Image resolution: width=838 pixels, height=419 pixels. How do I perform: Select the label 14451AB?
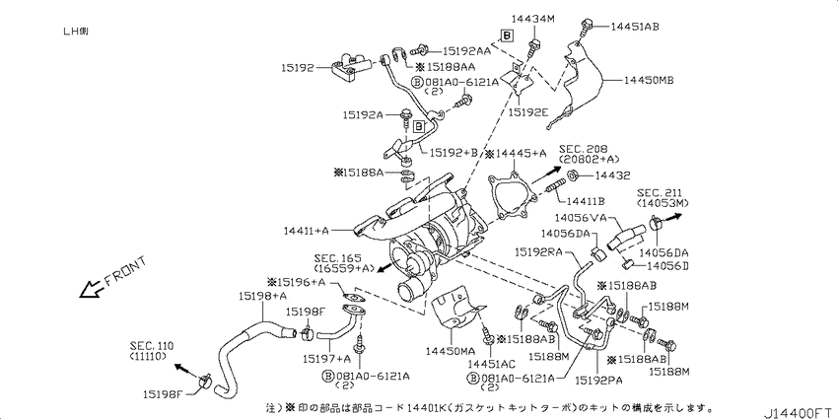point(634,27)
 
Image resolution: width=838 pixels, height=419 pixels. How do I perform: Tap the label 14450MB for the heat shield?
point(649,81)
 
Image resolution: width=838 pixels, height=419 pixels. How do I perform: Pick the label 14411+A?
point(307,231)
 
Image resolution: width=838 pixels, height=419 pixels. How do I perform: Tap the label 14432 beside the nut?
point(612,175)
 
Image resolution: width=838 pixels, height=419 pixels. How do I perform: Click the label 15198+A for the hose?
point(262,295)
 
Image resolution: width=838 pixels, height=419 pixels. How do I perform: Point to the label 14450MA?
point(451,351)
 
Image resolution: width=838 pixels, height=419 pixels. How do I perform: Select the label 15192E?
point(528,112)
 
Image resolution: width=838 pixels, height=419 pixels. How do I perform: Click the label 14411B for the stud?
point(586,201)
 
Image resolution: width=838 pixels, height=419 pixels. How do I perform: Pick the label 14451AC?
point(491,364)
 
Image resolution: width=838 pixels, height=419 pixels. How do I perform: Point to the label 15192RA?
point(539,250)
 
